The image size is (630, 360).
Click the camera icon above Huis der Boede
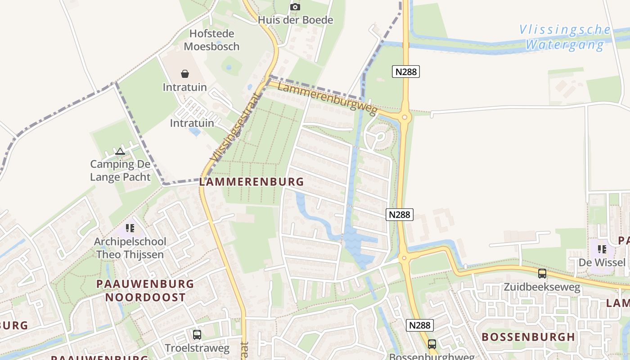coord(295,7)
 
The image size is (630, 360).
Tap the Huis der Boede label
coord(295,20)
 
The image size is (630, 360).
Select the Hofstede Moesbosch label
coord(211,40)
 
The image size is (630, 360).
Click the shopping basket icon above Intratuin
coord(184,74)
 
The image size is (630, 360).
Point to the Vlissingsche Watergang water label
coord(565,37)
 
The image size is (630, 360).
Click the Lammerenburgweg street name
coord(327,98)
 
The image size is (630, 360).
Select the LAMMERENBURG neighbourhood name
coord(252,182)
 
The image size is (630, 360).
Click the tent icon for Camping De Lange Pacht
coord(120,151)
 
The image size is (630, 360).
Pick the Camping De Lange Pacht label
coord(120,171)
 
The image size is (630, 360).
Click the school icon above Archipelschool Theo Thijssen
coord(130,228)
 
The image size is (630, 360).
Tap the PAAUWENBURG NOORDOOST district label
coord(145,291)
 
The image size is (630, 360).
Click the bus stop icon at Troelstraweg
coord(197,335)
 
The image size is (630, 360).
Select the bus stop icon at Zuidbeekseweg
coord(542,273)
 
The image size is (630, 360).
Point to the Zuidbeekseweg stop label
coord(542,287)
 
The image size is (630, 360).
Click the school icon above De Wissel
coord(602,249)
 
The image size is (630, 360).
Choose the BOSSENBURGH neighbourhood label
coord(528,337)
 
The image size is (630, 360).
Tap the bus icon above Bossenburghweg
coord(432,344)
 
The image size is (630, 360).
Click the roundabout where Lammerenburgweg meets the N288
coord(405,118)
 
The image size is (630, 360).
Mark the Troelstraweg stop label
coord(197,348)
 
